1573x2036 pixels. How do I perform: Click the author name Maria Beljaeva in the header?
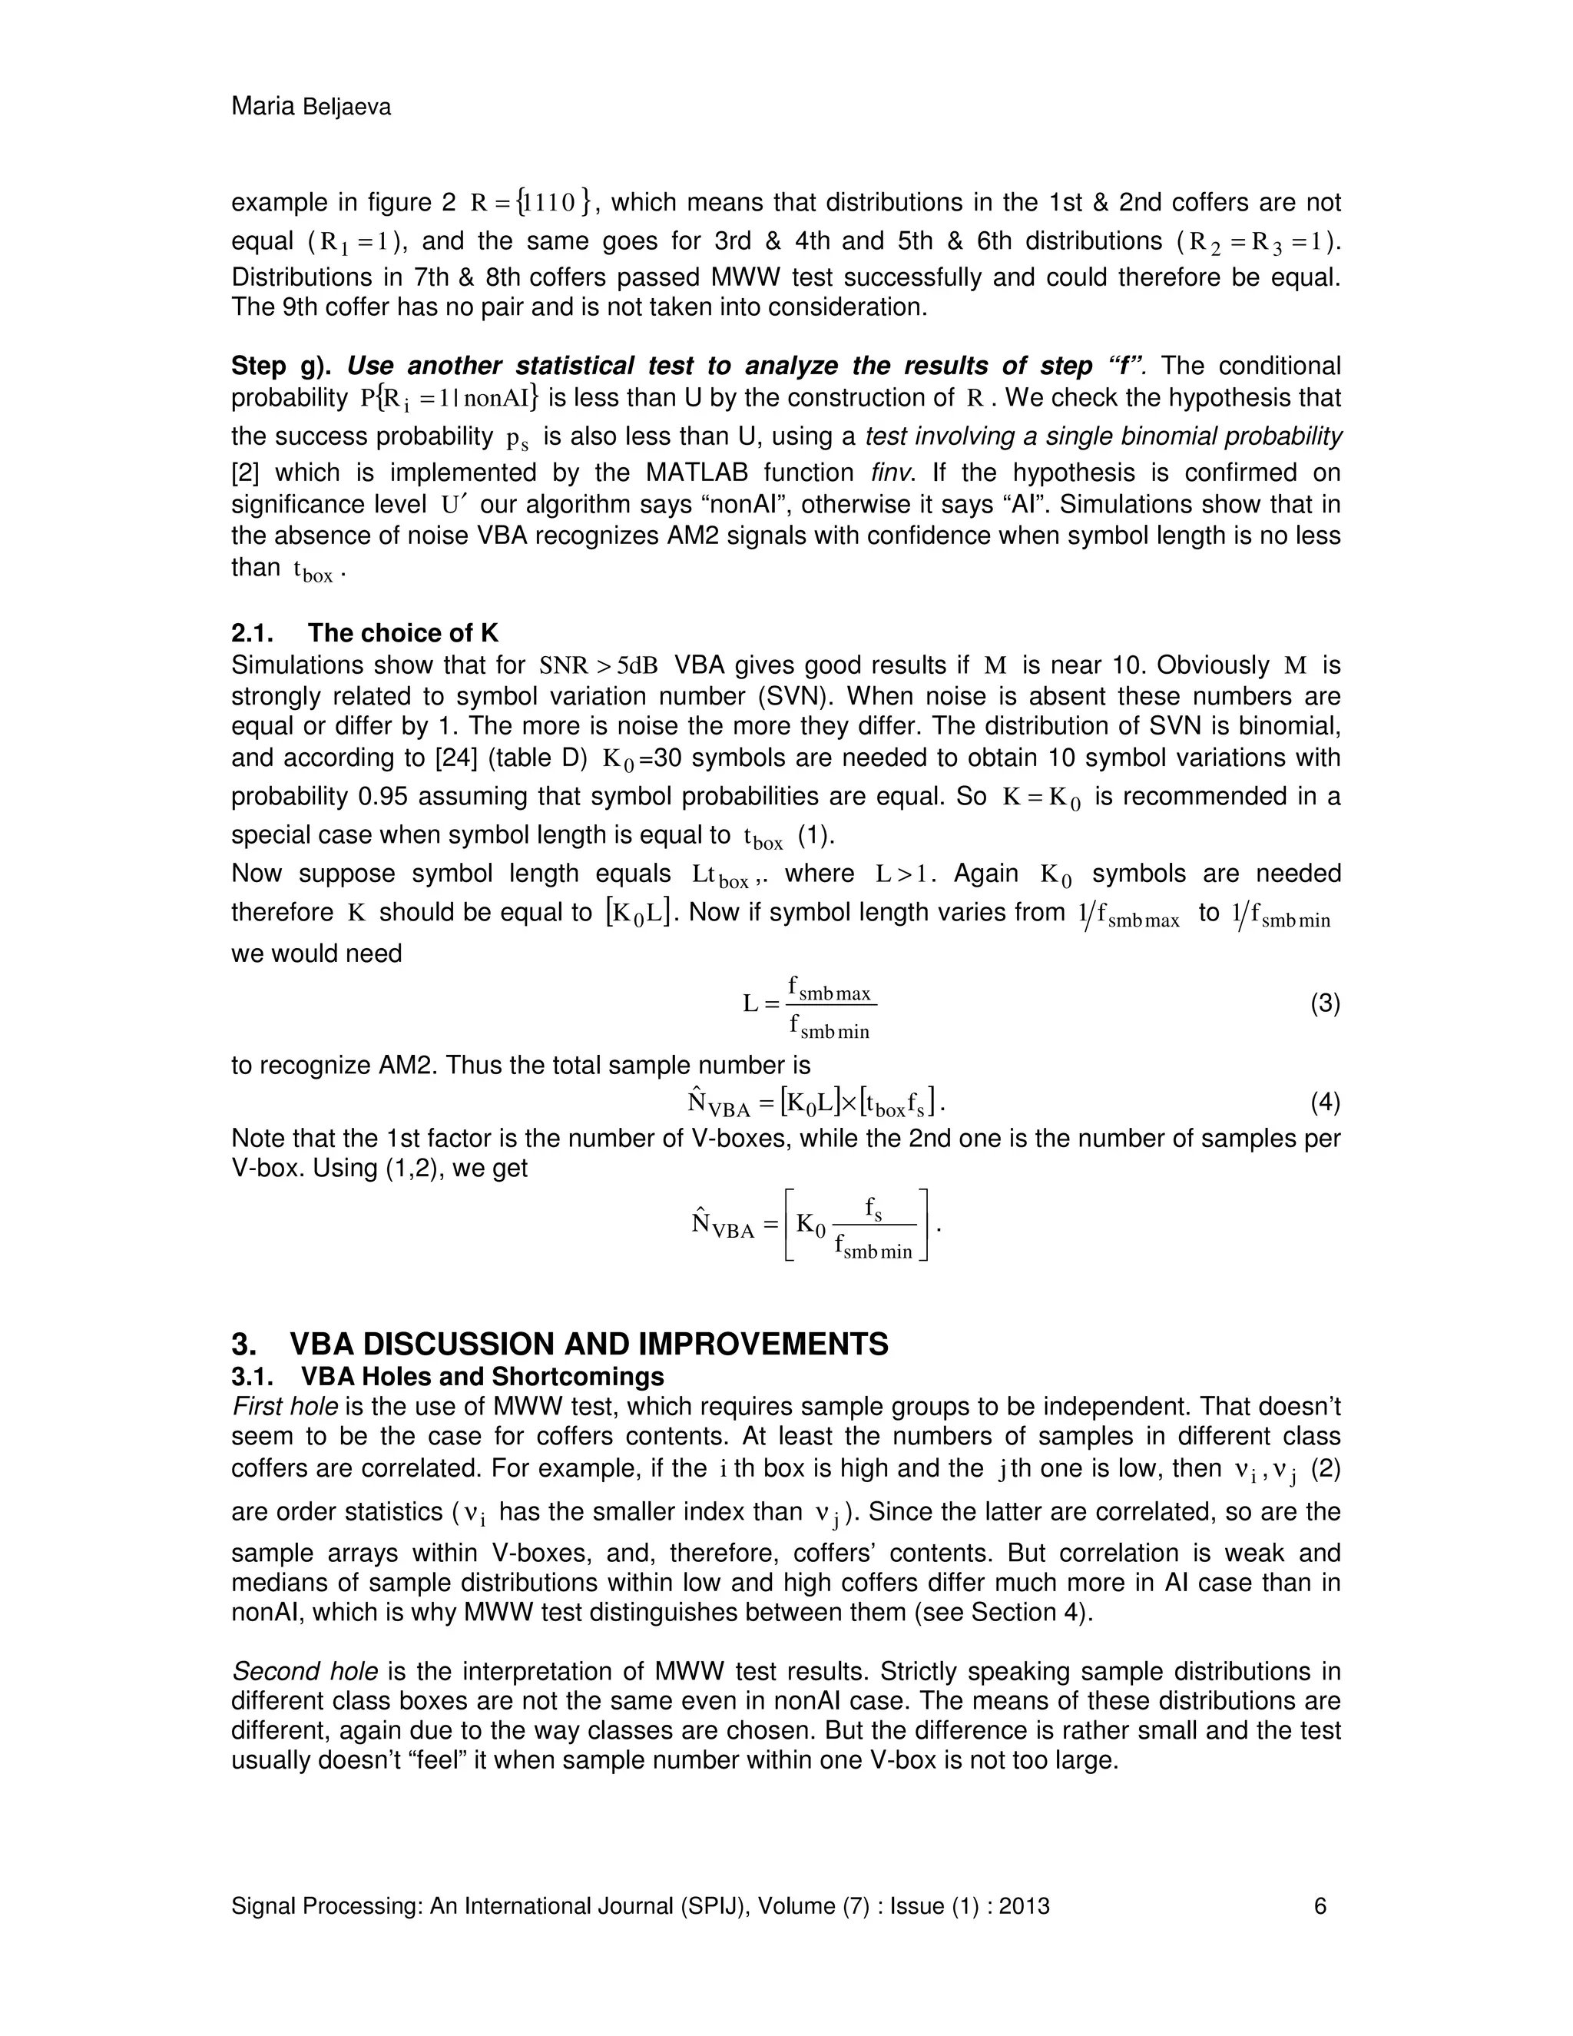click(x=310, y=108)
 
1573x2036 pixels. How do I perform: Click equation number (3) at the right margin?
click(x=1324, y=1004)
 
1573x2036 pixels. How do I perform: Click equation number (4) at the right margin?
click(x=1324, y=1103)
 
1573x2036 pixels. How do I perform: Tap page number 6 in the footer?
click(x=1320, y=1905)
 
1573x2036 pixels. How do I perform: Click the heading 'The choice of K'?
click(x=402, y=633)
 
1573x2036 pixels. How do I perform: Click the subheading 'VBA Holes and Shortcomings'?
click(x=482, y=1377)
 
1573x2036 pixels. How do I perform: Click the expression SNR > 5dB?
click(x=598, y=665)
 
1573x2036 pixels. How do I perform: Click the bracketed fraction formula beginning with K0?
click(x=857, y=1225)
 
